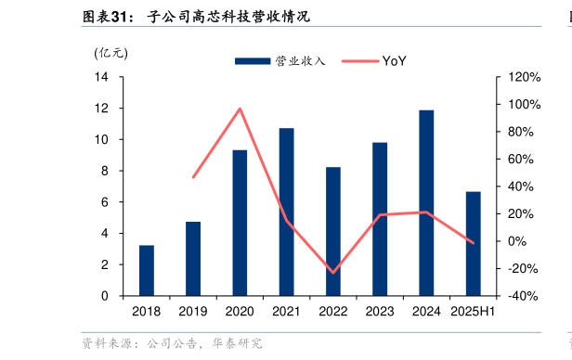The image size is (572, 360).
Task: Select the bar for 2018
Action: click(x=146, y=270)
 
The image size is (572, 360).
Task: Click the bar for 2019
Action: click(x=192, y=259)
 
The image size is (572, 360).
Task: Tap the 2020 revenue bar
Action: click(x=240, y=223)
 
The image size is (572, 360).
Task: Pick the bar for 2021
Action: click(x=286, y=212)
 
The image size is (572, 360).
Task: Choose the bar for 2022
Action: click(x=332, y=231)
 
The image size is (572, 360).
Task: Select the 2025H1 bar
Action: click(x=473, y=243)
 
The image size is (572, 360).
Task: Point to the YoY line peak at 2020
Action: click(x=240, y=109)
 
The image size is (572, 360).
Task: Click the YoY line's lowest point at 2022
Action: click(x=332, y=273)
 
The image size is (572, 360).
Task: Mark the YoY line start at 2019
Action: click(x=193, y=177)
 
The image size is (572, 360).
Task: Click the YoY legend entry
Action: click(x=376, y=61)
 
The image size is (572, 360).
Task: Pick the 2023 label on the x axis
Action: click(x=379, y=312)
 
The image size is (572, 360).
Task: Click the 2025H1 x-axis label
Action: click(x=472, y=312)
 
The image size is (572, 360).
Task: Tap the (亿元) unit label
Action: click(x=111, y=53)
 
